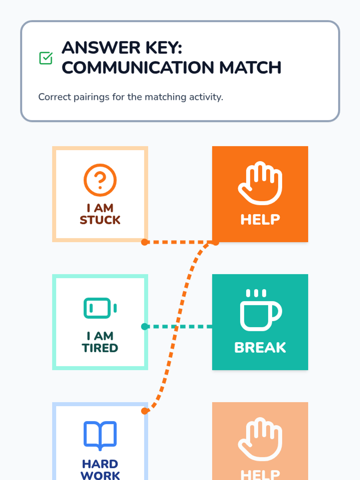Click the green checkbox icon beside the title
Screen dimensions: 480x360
point(46,58)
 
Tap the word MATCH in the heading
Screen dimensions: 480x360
point(250,67)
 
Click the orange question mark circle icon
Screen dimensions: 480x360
point(100,180)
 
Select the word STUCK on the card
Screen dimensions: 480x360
point(100,220)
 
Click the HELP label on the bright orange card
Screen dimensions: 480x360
point(260,219)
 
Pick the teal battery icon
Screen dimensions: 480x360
point(100,308)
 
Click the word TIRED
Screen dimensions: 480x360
point(100,348)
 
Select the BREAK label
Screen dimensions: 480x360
point(260,347)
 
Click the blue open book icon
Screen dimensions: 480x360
point(100,435)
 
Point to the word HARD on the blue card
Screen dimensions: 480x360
point(100,464)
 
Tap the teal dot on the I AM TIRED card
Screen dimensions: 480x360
point(145,326)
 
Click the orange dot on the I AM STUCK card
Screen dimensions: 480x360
point(145,242)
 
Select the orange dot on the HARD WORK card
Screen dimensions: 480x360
point(145,411)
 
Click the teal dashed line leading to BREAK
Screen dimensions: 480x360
point(195,326)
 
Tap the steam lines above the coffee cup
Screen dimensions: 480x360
point(256,293)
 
